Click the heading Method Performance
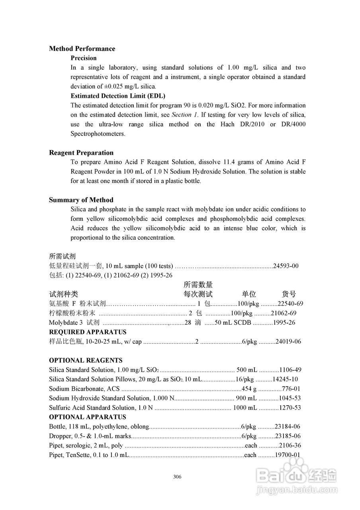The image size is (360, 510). tap(82, 49)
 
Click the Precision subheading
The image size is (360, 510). tap(84, 58)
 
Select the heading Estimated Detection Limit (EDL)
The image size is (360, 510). tap(118, 96)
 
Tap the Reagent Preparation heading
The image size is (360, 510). tap(81, 153)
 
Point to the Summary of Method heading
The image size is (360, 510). tap(81, 200)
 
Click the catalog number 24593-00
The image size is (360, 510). tap(286, 266)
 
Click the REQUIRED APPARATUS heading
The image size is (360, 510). tap(88, 332)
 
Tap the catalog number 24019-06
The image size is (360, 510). tap(288, 341)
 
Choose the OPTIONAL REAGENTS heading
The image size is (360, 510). tap(86, 360)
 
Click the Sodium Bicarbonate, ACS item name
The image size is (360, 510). tap(84, 388)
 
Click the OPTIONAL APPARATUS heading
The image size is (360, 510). tap(88, 417)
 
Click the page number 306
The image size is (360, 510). tap(178, 477)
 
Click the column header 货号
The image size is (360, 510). tap(289, 294)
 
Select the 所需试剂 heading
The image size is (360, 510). tap(62, 256)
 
